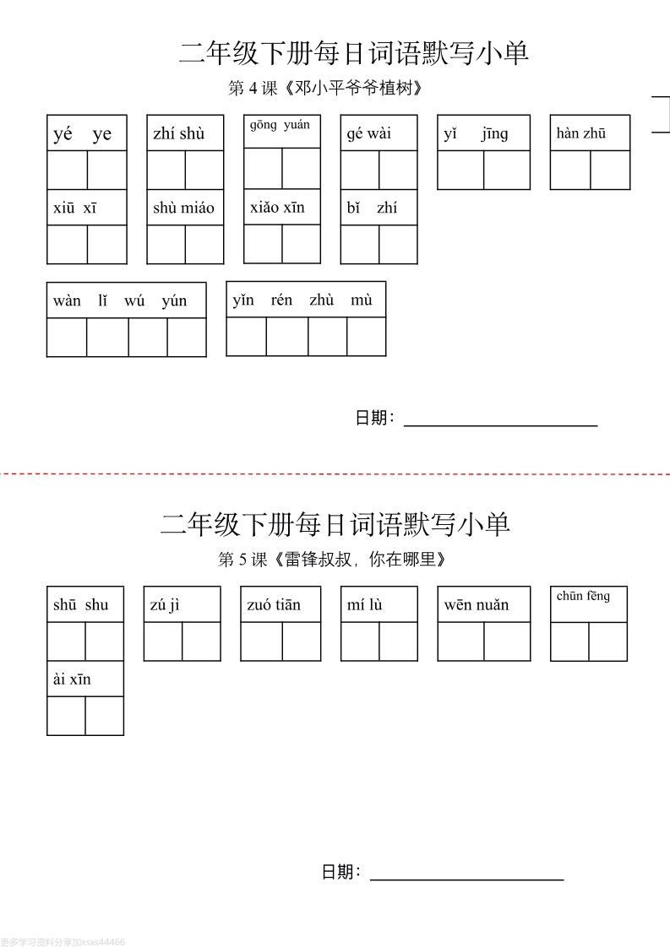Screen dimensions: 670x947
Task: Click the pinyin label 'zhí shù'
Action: click(x=179, y=133)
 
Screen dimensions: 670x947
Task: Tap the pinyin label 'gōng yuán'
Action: click(x=280, y=125)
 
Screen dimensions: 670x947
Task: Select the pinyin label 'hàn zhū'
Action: click(x=581, y=133)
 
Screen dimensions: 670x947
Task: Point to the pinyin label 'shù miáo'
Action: click(x=183, y=208)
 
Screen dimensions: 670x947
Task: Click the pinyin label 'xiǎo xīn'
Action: click(x=278, y=207)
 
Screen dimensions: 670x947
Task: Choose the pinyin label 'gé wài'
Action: click(x=369, y=133)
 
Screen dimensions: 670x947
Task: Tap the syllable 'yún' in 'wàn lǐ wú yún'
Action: click(x=174, y=300)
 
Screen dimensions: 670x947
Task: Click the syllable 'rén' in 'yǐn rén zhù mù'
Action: click(x=281, y=300)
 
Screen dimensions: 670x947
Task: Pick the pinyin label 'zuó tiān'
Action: click(x=273, y=604)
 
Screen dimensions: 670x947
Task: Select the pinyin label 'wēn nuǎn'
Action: click(x=477, y=604)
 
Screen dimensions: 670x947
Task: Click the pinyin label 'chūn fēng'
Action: click(x=583, y=596)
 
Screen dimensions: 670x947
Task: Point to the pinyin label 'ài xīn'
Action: click(x=72, y=679)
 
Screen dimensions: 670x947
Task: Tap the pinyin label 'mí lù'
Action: click(x=365, y=604)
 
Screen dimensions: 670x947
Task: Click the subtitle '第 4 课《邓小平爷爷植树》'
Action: click(x=324, y=88)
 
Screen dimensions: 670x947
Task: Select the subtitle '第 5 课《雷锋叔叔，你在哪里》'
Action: click(x=332, y=560)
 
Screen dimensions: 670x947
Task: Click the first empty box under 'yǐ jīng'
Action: click(x=460, y=170)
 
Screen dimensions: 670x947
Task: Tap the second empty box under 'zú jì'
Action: click(x=201, y=641)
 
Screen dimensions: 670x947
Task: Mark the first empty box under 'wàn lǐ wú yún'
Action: click(x=67, y=338)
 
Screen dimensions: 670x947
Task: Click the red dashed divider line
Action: click(x=335, y=474)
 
